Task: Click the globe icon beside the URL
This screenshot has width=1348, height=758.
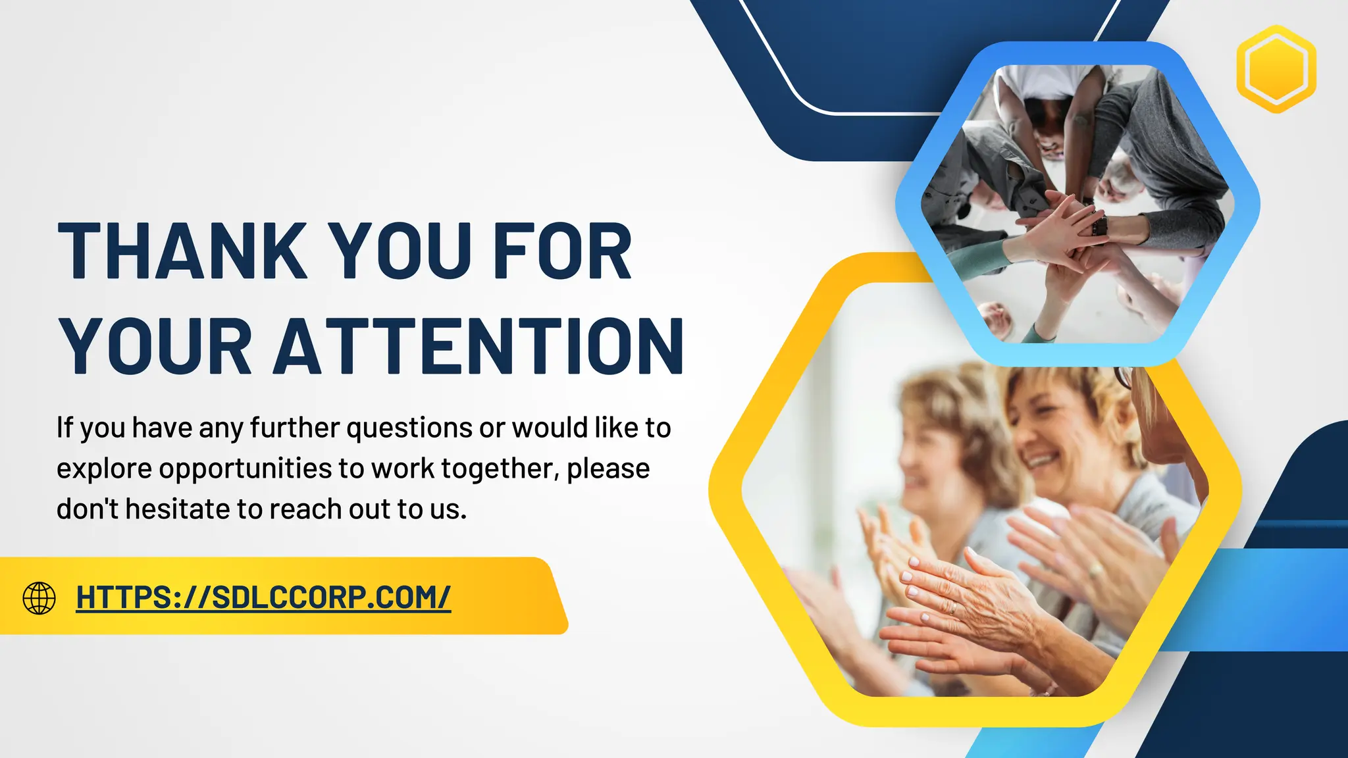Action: [x=39, y=597]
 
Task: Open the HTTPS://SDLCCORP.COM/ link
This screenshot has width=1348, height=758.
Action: [x=263, y=597]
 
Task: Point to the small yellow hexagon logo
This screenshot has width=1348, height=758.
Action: [x=1276, y=69]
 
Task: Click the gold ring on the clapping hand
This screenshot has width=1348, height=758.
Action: [x=952, y=607]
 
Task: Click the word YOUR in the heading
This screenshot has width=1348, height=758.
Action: [x=155, y=347]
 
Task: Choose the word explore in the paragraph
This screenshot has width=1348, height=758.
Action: [x=104, y=469]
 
